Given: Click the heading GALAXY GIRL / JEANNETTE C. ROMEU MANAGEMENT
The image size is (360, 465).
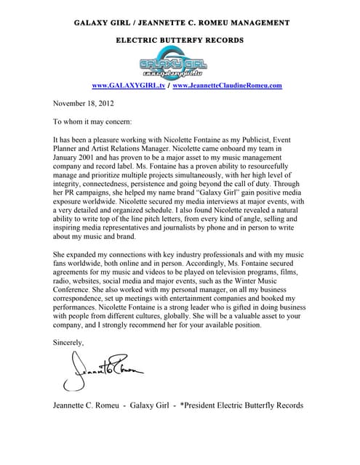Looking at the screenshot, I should tap(182, 23).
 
